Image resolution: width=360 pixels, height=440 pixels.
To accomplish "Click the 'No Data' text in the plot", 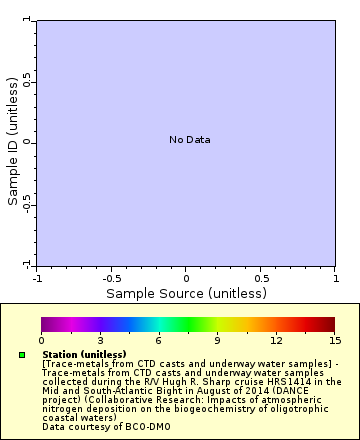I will click(189, 140).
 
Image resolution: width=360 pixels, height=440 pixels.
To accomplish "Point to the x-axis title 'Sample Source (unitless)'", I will click(186, 293).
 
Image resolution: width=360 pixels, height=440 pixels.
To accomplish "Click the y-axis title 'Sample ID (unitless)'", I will click(13, 142).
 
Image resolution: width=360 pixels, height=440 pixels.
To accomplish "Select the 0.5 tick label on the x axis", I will click(260, 278).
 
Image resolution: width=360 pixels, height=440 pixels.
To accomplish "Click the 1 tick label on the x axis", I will click(334, 278).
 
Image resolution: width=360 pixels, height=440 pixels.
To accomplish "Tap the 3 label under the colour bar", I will click(100, 341).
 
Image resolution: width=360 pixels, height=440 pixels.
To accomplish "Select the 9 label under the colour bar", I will click(217, 341).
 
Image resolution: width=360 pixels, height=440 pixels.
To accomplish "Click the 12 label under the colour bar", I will click(276, 341).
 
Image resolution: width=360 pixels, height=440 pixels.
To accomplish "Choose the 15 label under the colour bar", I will click(334, 341).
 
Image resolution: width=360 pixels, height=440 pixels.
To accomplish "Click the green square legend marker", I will click(22, 355).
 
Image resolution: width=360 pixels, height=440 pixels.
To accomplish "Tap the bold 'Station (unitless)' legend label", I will click(84, 354).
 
